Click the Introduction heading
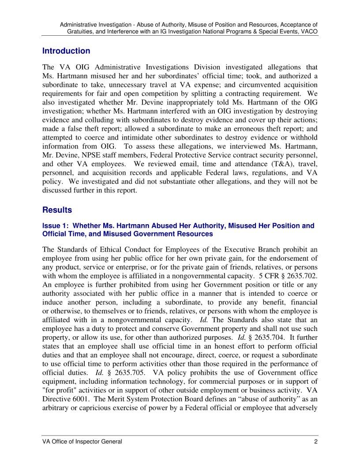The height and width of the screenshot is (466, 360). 66,51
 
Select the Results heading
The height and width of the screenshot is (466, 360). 57,210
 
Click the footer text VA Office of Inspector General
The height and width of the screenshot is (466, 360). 82,442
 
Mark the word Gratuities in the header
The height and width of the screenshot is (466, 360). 81,32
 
